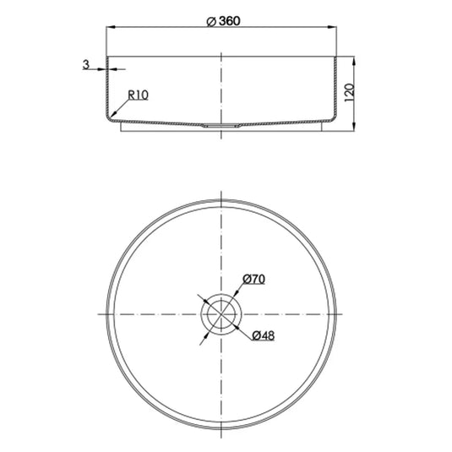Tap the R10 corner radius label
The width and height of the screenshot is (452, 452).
click(139, 95)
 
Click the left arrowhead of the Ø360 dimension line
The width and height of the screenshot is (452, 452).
click(108, 29)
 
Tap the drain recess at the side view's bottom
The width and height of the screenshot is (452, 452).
click(221, 124)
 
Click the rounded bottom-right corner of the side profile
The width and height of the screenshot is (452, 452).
click(332, 117)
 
